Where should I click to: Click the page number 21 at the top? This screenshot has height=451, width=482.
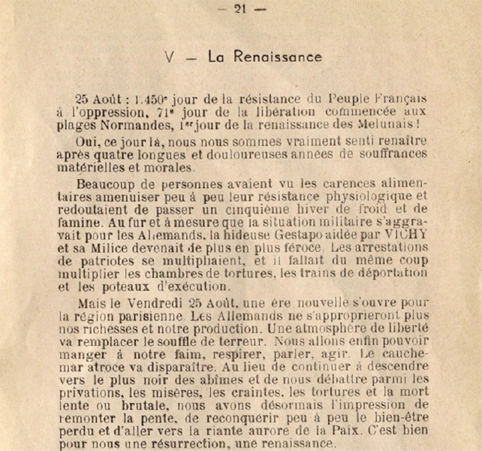pos(240,9)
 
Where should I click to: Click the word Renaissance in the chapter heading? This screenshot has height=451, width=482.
pos(278,56)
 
